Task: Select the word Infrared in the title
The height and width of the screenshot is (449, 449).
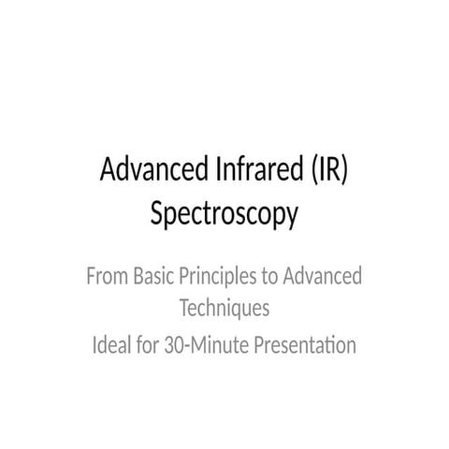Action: [239, 173]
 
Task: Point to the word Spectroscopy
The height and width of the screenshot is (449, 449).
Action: [224, 214]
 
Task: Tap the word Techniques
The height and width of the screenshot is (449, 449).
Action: [224, 307]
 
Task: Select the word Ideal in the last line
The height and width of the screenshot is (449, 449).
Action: [112, 345]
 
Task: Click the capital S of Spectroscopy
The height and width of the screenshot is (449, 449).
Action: [157, 214]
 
